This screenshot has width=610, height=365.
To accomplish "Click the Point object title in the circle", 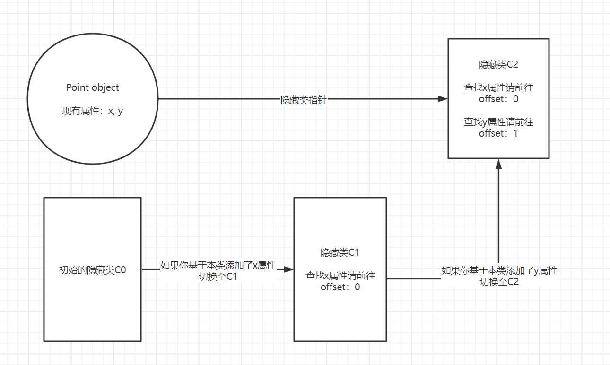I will click(92, 87).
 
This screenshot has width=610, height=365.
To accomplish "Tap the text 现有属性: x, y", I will click(92, 112).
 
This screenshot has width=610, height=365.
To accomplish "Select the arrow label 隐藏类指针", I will click(303, 100).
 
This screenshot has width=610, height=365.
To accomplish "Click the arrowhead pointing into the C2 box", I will click(443, 99).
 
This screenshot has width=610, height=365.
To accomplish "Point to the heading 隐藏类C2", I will click(498, 65).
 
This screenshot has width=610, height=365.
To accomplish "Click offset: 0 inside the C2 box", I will click(498, 99).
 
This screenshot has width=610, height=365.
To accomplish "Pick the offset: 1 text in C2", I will click(498, 133).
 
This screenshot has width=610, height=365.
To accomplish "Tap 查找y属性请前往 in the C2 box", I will click(498, 122).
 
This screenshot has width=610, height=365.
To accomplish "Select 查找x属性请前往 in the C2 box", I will click(498, 87).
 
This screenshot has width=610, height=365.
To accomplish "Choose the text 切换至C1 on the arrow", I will click(218, 277).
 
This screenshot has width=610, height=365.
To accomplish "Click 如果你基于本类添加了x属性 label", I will click(218, 265).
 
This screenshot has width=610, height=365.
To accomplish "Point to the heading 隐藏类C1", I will click(340, 252).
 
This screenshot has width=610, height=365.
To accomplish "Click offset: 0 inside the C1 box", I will click(340, 287).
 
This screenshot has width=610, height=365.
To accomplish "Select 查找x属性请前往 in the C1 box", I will click(340, 275).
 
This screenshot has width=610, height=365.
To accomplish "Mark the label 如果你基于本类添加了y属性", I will click(499, 271).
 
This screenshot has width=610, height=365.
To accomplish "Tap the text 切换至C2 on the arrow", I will click(499, 282).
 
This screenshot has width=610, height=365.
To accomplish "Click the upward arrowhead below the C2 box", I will click(498, 164).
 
